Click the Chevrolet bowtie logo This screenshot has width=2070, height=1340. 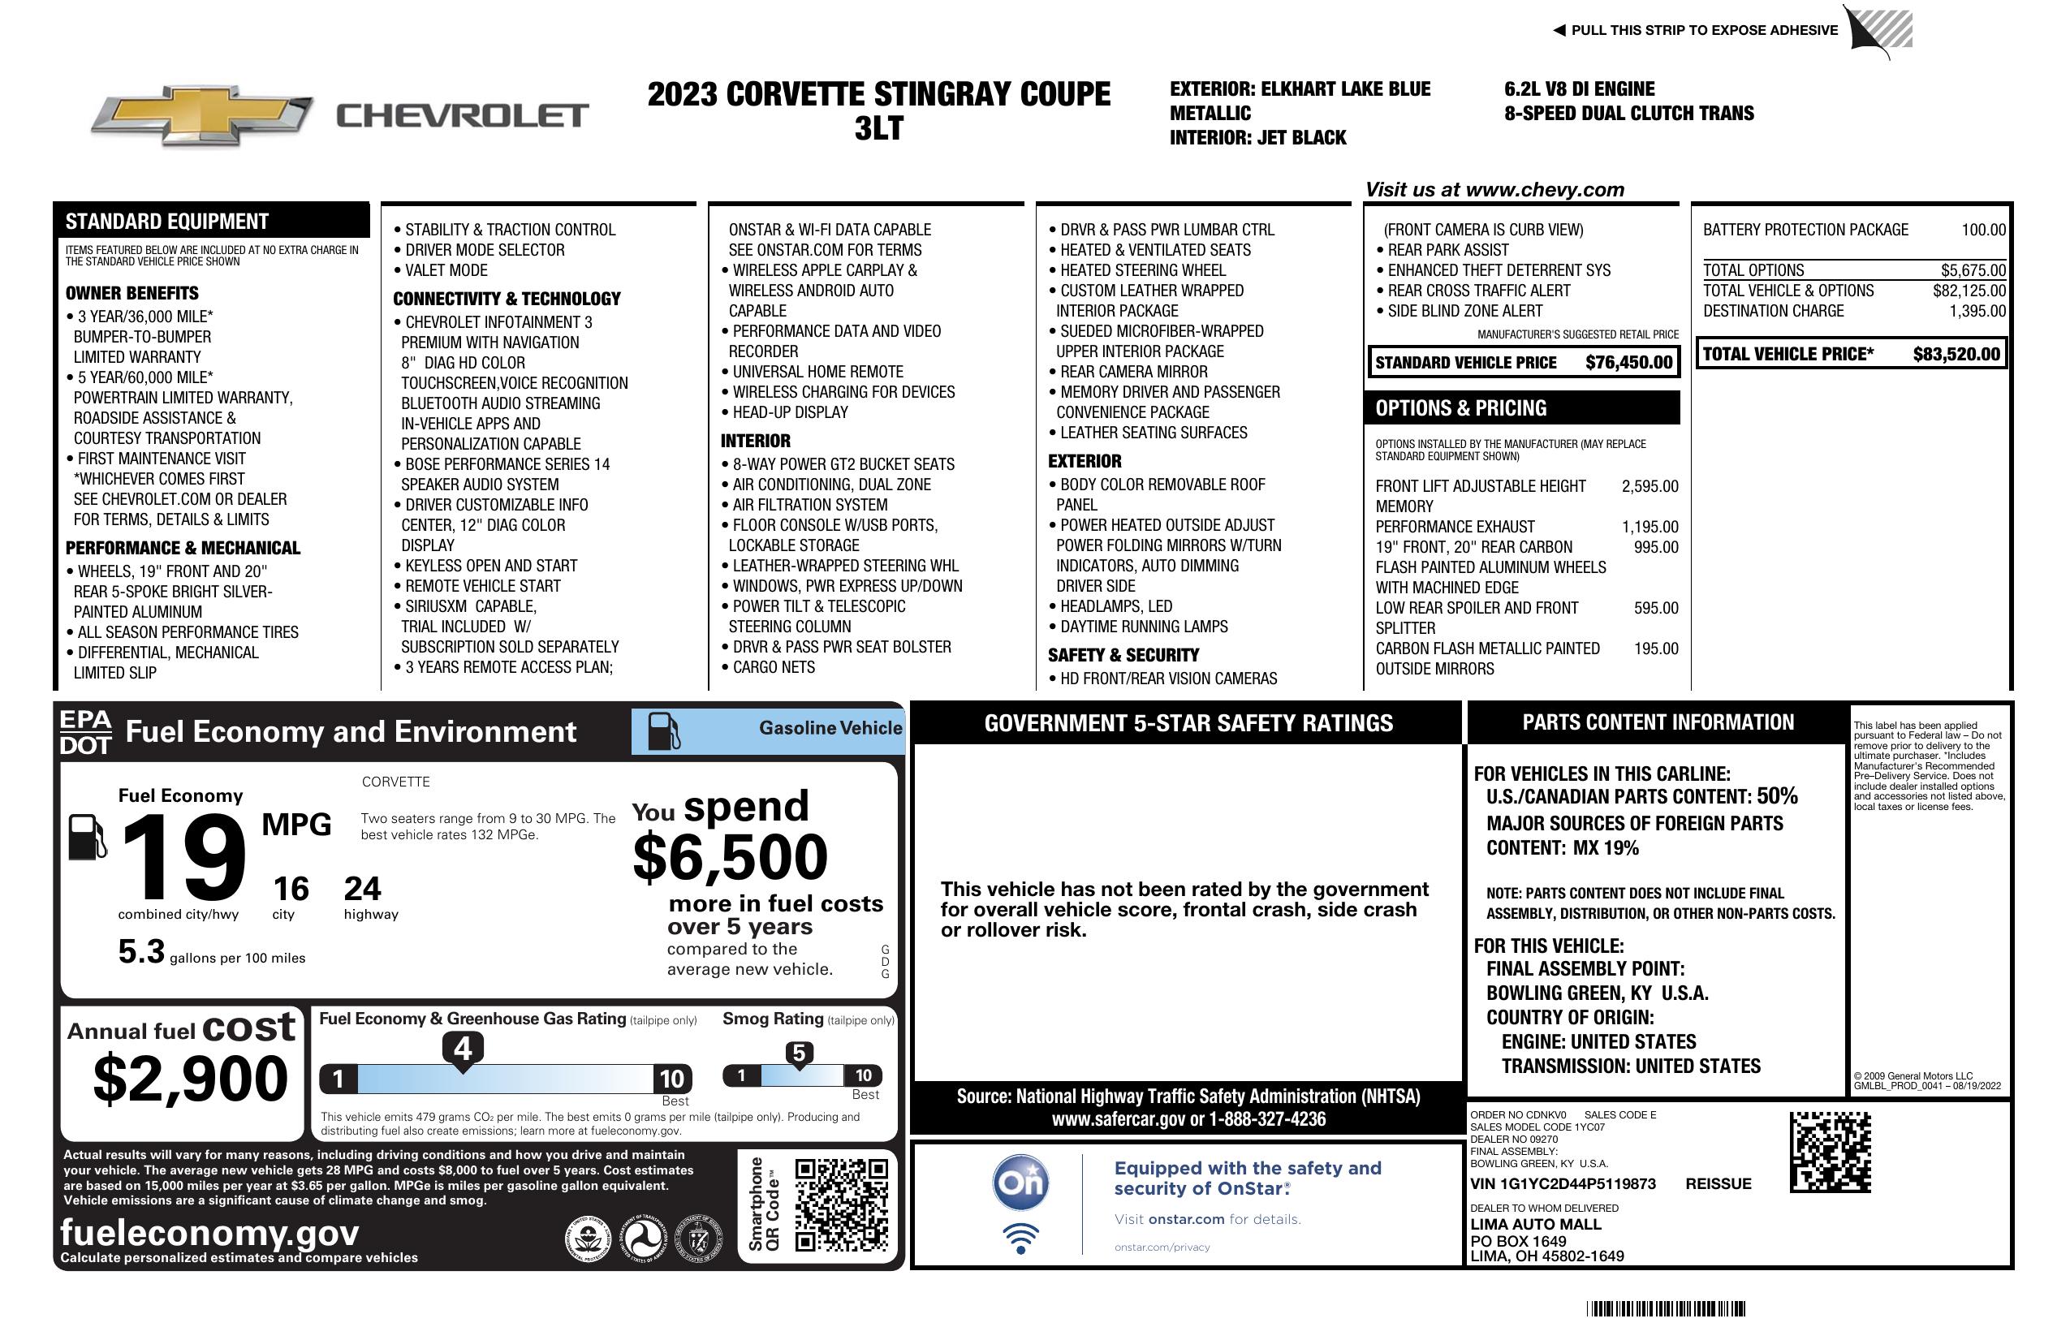[x=202, y=114]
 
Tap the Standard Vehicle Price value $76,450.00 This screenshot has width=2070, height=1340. [x=1628, y=363]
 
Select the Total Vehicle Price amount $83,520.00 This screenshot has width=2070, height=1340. [x=1956, y=354]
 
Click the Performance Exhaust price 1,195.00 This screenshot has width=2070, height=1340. [x=1649, y=527]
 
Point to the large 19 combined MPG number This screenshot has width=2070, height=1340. [x=184, y=856]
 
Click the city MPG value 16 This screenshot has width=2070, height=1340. [x=291, y=889]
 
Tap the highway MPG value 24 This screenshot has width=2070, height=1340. [x=362, y=889]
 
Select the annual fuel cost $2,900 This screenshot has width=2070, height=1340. [x=191, y=1079]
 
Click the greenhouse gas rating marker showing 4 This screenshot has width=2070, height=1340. [x=463, y=1049]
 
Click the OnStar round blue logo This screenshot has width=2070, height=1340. [x=1020, y=1183]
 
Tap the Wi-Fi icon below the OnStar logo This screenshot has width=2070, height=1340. [x=1020, y=1238]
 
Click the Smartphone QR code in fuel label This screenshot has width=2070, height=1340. [x=841, y=1204]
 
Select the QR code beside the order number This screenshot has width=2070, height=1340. [x=1830, y=1152]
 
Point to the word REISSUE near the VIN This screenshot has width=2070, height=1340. [x=1718, y=1183]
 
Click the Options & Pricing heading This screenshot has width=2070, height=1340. [x=1460, y=407]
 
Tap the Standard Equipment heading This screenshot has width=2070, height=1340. [x=167, y=222]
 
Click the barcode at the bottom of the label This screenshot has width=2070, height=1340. [x=1665, y=1308]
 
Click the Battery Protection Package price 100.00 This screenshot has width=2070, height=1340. [x=1983, y=230]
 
